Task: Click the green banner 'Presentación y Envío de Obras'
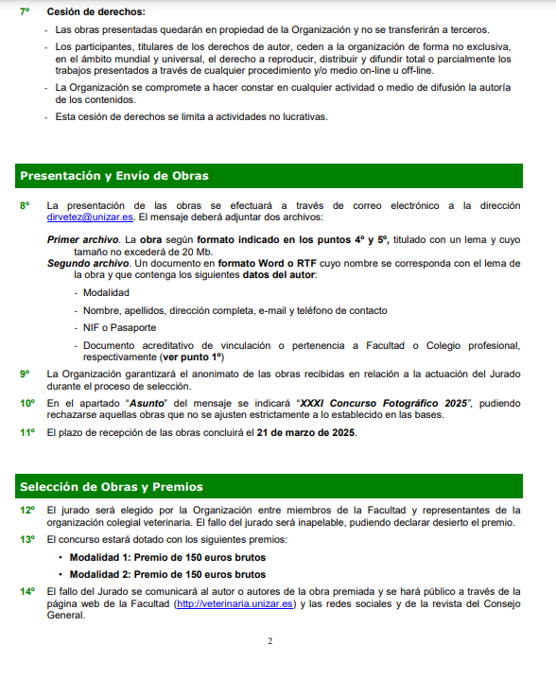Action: (114, 176)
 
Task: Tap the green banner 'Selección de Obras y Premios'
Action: (112, 487)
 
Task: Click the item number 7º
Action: (26, 11)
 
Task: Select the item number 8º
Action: (26, 205)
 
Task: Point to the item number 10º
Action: (27, 403)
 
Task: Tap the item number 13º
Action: (27, 539)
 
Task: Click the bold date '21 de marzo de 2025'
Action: (304, 432)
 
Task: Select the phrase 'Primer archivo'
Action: (83, 240)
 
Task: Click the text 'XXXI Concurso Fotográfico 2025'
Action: (384, 403)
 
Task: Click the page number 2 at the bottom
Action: (269, 641)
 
